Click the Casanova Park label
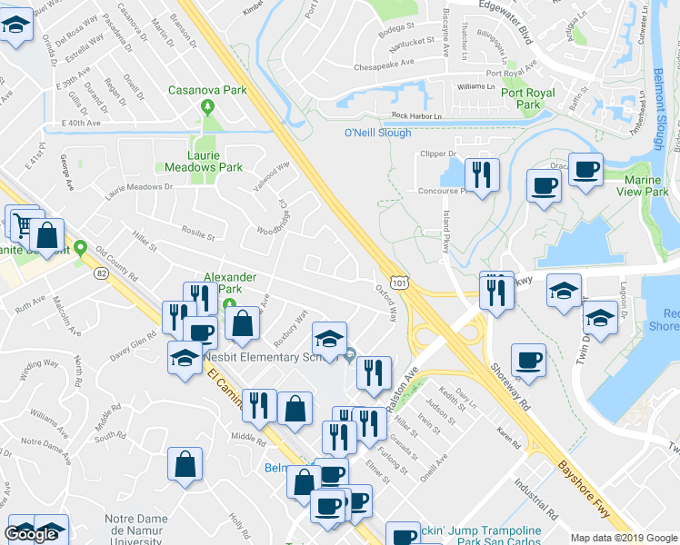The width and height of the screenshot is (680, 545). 207,90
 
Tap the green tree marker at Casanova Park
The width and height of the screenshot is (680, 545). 207,107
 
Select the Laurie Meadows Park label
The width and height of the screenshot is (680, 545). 203,161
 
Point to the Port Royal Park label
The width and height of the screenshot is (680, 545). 522,98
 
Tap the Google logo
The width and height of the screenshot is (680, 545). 31,533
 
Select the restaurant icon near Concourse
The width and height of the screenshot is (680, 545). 482,174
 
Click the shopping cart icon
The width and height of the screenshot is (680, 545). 21,221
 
